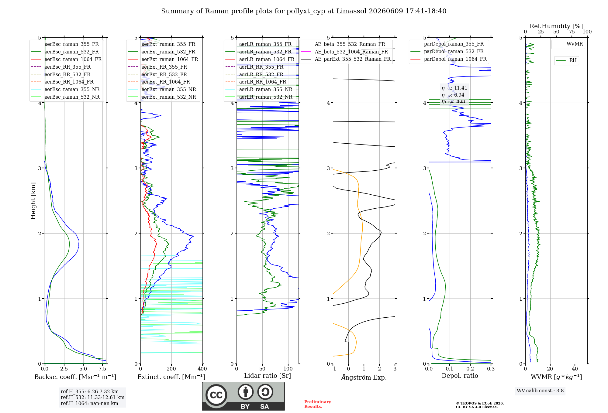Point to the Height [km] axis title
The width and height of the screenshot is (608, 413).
click(33, 201)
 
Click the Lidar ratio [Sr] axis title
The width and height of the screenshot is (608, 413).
click(268, 376)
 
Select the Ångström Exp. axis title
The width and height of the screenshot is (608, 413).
click(364, 377)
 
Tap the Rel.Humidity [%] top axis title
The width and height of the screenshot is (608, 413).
click(556, 26)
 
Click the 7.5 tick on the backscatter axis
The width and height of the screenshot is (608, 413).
click(102, 369)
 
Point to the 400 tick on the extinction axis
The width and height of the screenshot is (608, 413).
click(202, 369)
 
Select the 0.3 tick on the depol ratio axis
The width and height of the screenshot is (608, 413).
click(491, 369)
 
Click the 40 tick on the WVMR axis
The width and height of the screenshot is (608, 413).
click(575, 369)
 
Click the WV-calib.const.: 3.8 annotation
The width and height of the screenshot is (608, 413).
click(540, 391)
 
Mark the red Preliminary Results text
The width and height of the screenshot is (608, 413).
click(318, 404)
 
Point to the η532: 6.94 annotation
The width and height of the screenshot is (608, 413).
click(453, 95)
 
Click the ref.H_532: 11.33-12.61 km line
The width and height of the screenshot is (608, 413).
click(92, 398)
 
